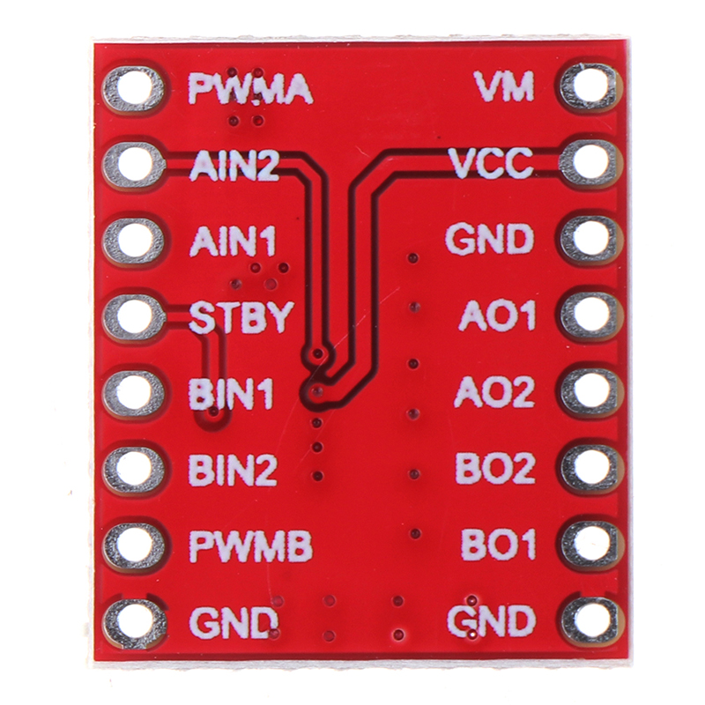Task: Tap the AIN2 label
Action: pos(234,165)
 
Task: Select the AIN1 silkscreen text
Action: pos(233,241)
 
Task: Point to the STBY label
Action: pos(240,317)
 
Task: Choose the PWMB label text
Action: pos(250,547)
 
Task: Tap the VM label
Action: pos(503,86)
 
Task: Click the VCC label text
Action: pos(490,163)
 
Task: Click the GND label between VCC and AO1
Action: pos(490,239)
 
